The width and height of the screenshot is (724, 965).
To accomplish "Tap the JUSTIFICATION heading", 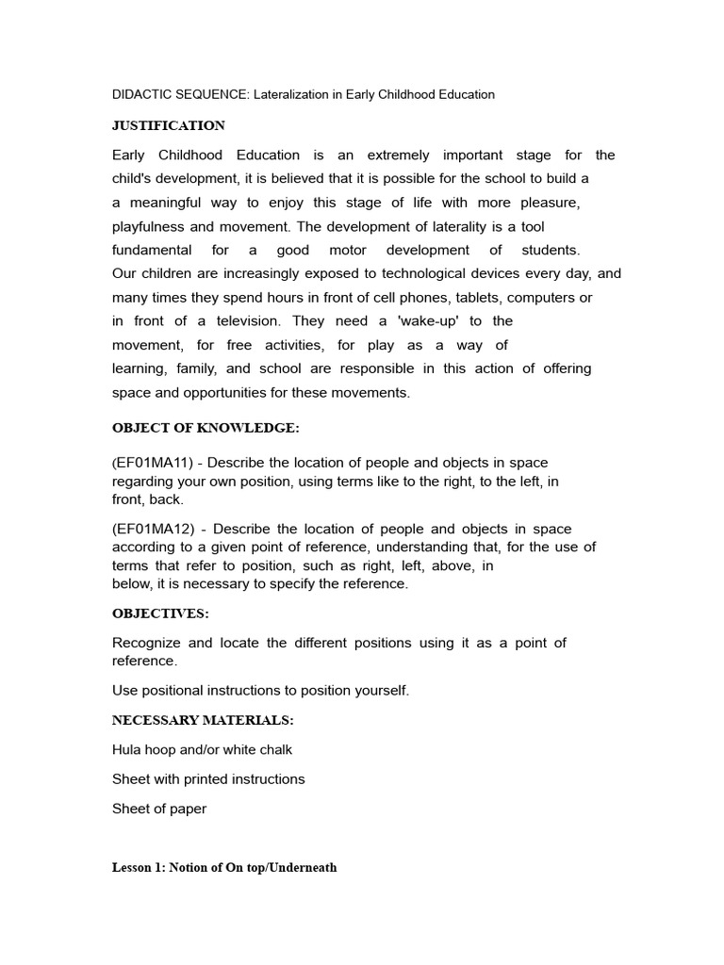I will coord(169,125).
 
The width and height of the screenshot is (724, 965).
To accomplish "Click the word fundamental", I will coord(151,250).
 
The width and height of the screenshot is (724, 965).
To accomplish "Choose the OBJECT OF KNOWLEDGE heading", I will coord(206,428).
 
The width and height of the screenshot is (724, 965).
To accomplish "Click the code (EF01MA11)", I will coord(154,463).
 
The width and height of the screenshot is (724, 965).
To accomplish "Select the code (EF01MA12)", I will coord(154,529).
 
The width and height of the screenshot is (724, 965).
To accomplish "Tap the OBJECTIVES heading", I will coord(160,613).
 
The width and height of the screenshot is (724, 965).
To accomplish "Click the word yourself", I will coord(379,690).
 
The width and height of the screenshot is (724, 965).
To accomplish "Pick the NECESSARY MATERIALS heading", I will coord(203,720).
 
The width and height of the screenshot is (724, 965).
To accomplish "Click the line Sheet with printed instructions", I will coord(208,779).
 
